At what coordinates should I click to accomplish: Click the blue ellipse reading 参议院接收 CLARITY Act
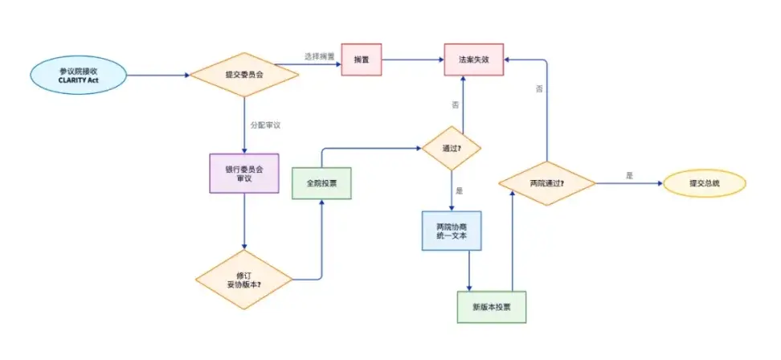click(x=78, y=76)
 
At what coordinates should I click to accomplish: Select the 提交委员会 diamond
click(x=243, y=76)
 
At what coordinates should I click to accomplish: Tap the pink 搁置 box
click(x=361, y=59)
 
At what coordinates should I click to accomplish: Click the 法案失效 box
click(x=474, y=59)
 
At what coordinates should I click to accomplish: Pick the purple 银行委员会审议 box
click(x=243, y=173)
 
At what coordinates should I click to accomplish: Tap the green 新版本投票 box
click(x=490, y=307)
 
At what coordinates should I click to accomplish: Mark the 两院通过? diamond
click(x=546, y=184)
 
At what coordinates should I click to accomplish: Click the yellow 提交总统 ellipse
click(x=705, y=183)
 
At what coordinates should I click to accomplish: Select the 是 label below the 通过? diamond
click(x=460, y=191)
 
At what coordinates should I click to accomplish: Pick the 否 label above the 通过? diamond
click(x=455, y=105)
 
